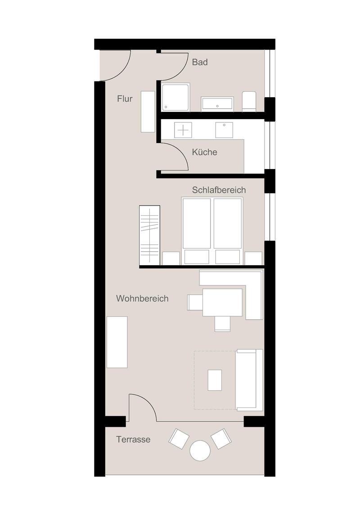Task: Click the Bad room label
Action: (x=199, y=62)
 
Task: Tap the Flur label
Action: (x=125, y=98)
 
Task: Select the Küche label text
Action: (x=204, y=152)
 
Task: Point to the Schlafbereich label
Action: (x=219, y=190)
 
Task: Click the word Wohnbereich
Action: (x=142, y=298)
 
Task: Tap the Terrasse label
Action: (x=133, y=440)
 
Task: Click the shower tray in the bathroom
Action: (x=175, y=97)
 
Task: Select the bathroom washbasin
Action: (x=217, y=103)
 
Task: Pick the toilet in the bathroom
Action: (x=249, y=101)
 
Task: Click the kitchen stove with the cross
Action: (x=183, y=130)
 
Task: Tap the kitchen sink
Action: (x=224, y=130)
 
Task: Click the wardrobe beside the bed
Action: (x=149, y=235)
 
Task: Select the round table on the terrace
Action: (x=200, y=451)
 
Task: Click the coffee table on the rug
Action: (x=215, y=380)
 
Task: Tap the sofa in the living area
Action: (x=249, y=380)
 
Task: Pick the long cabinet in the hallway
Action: (x=148, y=112)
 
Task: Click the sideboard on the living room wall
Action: (x=117, y=342)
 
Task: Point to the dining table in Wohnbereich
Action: (x=223, y=302)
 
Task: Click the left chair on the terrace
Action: (x=179, y=438)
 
